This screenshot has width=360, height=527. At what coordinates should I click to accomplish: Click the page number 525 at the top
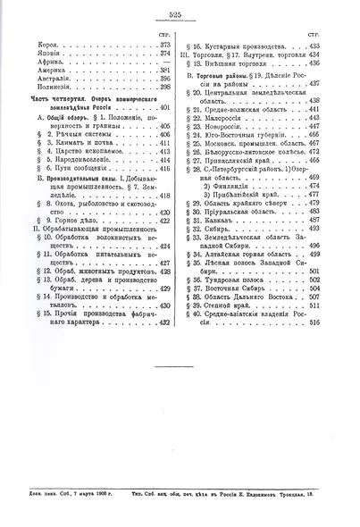tap(180, 13)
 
